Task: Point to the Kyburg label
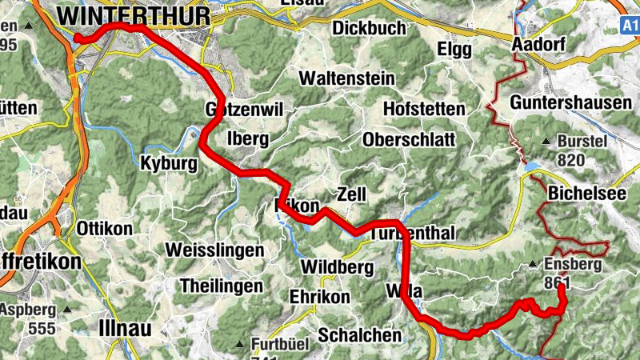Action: pos(168,162)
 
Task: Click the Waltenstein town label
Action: pos(347,79)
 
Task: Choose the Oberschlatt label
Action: pos(409,139)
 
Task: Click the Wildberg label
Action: pos(338,266)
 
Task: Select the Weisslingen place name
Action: pos(214,250)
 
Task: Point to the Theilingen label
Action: pos(222,286)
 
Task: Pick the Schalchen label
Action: pos(359,335)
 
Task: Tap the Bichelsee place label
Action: pos(587,194)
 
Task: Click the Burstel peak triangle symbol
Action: pos(545,142)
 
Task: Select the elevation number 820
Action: pos(571,160)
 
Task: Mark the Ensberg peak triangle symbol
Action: pos(532,264)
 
